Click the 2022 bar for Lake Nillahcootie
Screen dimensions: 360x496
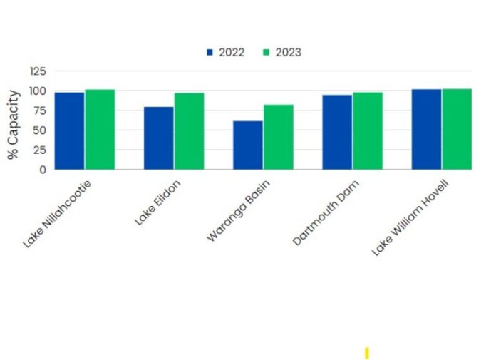click(70, 130)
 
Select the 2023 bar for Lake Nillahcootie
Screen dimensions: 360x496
click(100, 129)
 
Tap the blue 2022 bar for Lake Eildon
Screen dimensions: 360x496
click(159, 138)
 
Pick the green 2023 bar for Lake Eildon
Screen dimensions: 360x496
click(189, 131)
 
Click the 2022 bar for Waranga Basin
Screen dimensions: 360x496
click(248, 145)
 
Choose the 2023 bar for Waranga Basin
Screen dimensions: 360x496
click(278, 137)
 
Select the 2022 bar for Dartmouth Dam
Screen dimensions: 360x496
click(337, 132)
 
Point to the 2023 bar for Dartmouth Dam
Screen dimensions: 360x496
click(367, 130)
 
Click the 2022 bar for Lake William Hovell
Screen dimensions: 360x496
click(426, 129)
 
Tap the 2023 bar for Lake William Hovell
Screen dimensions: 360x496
click(456, 129)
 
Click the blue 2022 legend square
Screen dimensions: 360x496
click(210, 53)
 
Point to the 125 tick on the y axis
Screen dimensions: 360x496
click(37, 71)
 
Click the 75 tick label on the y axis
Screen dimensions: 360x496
click(40, 110)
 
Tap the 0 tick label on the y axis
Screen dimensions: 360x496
click(43, 170)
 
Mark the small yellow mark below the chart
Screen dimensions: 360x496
click(366, 353)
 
